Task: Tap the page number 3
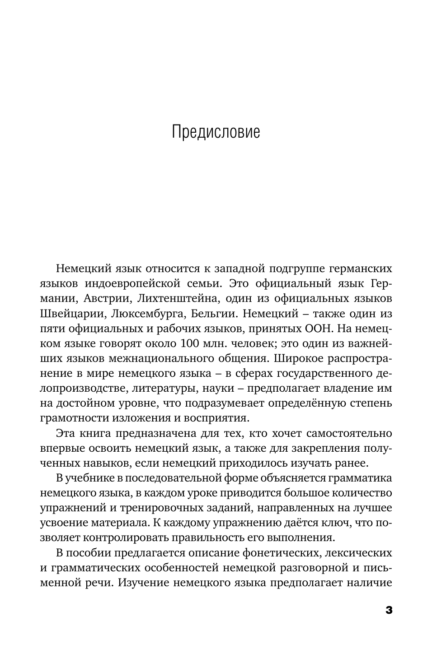389,611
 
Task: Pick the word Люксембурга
144,313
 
